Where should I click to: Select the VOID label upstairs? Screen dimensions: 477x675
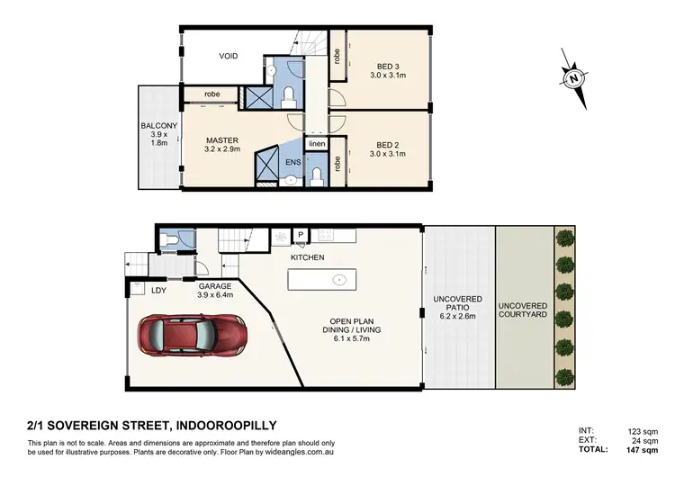229,56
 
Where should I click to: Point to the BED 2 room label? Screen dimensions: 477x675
378,148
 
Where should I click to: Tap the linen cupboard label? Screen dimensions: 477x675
316,144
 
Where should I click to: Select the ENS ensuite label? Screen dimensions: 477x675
292,162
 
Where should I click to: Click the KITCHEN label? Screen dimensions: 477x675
307,257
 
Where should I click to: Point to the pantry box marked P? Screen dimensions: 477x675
299,236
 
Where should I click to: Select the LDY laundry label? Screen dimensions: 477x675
158,290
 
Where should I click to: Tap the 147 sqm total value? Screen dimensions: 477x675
642,448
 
